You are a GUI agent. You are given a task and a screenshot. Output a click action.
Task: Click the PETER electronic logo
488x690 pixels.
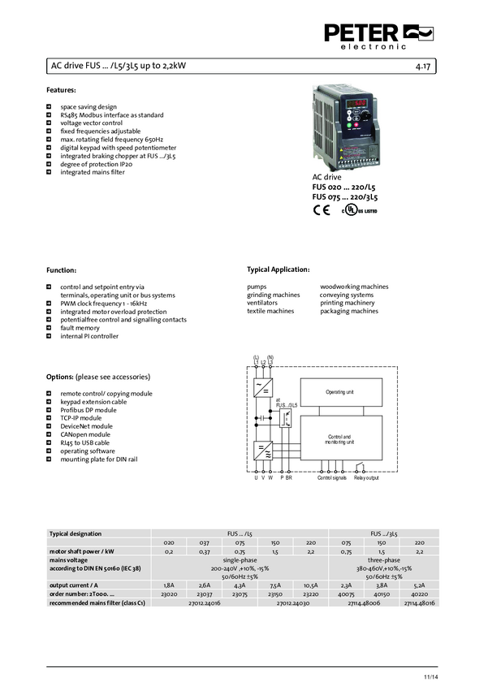tap(378, 36)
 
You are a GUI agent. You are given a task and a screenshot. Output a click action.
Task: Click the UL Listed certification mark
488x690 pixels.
tap(358, 209)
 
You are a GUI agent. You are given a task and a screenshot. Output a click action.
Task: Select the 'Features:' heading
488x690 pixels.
tap(62, 89)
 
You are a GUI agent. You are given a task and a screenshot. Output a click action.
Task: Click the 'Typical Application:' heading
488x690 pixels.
tap(278, 269)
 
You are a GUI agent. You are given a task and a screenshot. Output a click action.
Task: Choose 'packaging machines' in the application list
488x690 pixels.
tap(349, 311)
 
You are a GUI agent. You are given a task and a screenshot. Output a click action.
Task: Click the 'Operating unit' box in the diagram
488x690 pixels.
tap(339, 392)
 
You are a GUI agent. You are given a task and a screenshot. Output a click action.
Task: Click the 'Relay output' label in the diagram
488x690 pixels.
tap(366, 478)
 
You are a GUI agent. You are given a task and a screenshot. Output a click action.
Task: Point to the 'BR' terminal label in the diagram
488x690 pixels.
tap(288, 478)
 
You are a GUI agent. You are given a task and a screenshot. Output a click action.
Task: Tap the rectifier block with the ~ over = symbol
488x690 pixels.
tap(263, 387)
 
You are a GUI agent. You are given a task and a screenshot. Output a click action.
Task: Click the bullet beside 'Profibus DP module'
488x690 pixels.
tap(50, 410)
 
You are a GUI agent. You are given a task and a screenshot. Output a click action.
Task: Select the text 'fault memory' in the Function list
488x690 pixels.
tap(80, 328)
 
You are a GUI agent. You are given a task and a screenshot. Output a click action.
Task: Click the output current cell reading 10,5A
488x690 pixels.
tap(311, 584)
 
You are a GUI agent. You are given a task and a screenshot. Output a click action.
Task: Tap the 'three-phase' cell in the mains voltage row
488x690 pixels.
tap(383, 559)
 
